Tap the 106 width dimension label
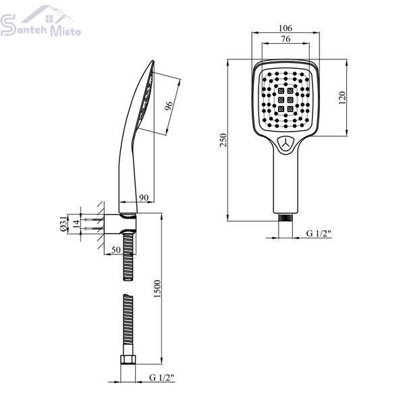click(x=286, y=28)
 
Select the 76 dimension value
click(x=286, y=39)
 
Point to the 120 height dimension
click(x=342, y=98)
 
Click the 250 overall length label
click(x=223, y=140)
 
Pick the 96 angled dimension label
click(x=168, y=106)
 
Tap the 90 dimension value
click(x=144, y=198)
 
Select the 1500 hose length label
click(x=157, y=288)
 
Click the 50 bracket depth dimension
click(x=116, y=250)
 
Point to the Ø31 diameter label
click(x=63, y=223)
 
